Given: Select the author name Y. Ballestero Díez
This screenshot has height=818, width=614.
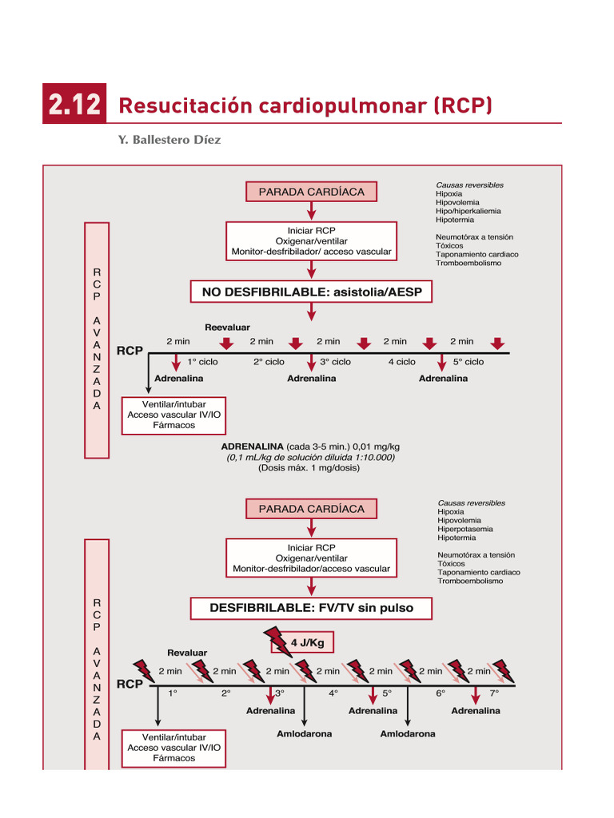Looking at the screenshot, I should (x=169, y=140).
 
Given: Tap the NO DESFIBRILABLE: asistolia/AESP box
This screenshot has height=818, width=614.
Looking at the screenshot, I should (x=311, y=292).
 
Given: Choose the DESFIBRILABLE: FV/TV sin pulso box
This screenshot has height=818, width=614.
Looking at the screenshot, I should (x=311, y=608).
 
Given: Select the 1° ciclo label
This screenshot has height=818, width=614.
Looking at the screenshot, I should (x=202, y=362).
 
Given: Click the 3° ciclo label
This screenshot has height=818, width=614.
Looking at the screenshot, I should (x=335, y=362).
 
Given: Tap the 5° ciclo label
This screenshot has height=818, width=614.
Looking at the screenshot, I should (x=468, y=362).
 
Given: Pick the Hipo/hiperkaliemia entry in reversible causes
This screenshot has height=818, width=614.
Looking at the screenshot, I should (x=468, y=211).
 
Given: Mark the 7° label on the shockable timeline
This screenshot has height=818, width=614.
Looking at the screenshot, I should (x=494, y=693).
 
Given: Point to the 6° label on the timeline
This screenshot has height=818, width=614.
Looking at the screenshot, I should (x=441, y=693).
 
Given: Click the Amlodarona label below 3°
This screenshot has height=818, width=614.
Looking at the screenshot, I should (x=304, y=733).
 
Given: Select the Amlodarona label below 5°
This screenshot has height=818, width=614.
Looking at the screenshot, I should (x=408, y=733).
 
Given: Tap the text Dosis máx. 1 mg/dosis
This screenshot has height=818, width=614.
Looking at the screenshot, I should (x=309, y=468).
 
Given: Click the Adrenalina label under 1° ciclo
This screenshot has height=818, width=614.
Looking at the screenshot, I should (x=179, y=378).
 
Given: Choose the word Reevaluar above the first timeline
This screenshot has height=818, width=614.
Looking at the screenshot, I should (x=227, y=328).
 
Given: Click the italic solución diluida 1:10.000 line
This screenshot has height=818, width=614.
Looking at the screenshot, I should (x=310, y=457).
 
